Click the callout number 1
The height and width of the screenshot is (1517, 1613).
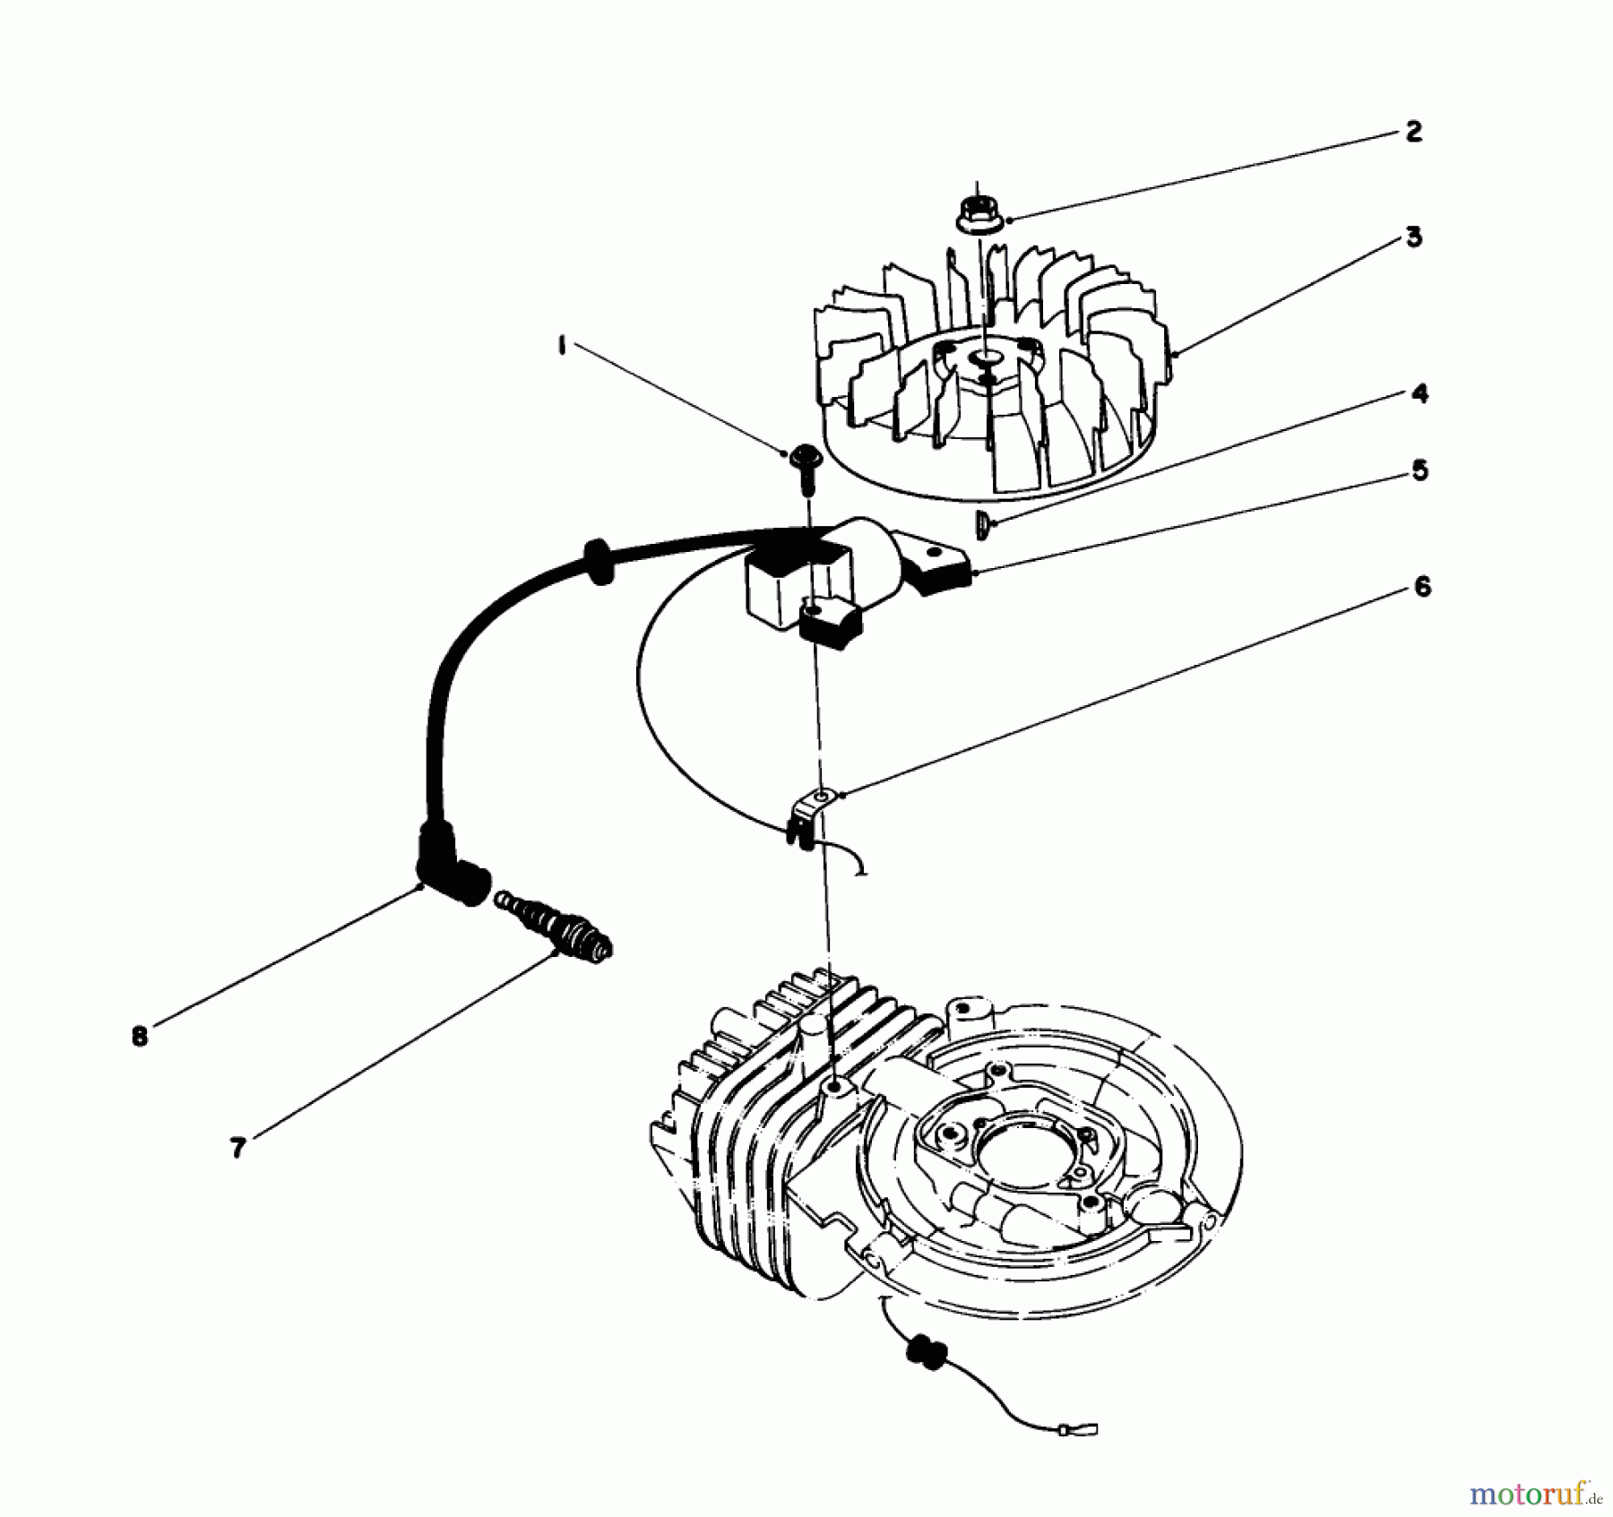coord(562,347)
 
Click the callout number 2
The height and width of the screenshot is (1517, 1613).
coord(1413,133)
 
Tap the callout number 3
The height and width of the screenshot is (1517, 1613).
coord(1413,237)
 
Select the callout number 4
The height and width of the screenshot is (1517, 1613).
coord(1419,393)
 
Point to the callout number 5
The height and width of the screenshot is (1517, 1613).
coord(1419,470)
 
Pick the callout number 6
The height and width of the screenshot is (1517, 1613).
coord(1422,587)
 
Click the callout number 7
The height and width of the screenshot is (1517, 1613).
coord(237,1148)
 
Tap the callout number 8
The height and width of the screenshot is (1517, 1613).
coord(139,1037)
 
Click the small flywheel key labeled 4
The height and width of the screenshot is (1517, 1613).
coord(981,524)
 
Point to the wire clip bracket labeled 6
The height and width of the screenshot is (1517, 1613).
coord(811,811)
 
